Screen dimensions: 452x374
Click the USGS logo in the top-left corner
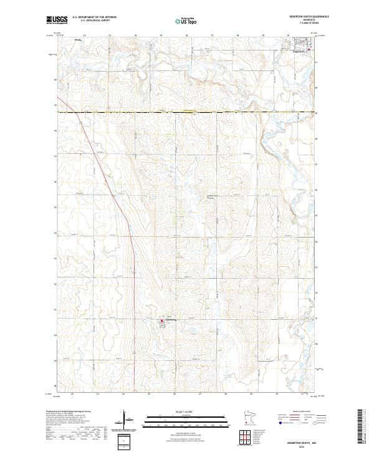point(55,21)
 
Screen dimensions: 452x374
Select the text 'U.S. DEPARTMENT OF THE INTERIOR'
point(94,17)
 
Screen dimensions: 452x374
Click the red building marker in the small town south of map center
point(163,321)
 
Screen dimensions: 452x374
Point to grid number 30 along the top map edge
point(288,36)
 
